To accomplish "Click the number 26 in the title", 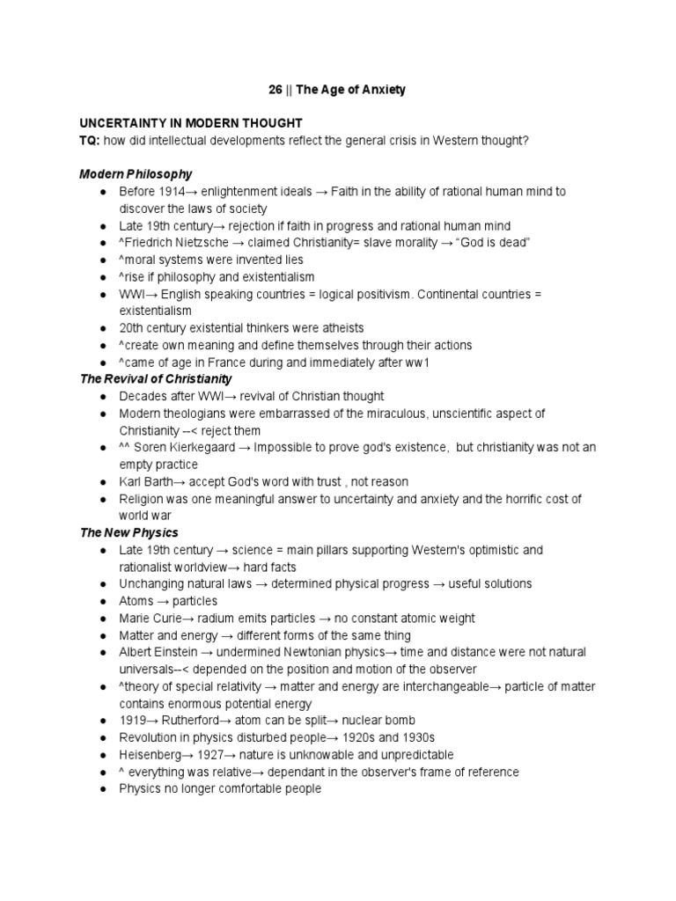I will point(276,90).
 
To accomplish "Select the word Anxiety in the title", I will point(381,90).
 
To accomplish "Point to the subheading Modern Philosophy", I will point(136,174).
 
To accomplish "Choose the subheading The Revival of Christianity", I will point(156,379).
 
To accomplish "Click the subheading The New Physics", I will point(129,532).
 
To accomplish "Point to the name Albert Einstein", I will point(157,653).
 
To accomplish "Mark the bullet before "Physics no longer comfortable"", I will point(104,789).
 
